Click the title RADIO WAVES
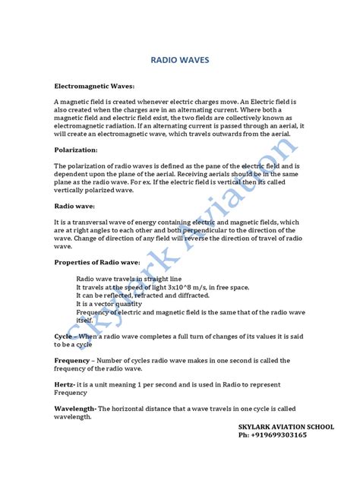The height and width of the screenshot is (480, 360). [180, 58]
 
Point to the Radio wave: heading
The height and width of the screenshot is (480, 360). [74, 205]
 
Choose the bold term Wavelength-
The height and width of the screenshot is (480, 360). [75, 409]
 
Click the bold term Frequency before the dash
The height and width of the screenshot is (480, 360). [72, 360]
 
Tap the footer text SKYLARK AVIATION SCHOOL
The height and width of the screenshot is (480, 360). [286, 428]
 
